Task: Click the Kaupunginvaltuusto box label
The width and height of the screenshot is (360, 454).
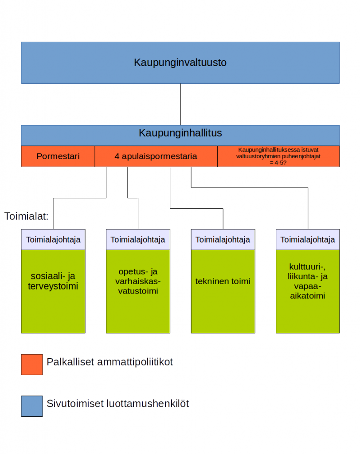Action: tap(180, 63)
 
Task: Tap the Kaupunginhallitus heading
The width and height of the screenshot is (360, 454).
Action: tap(180, 133)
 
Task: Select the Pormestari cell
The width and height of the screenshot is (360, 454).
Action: tap(58, 157)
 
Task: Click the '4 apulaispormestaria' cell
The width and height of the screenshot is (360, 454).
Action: tap(156, 157)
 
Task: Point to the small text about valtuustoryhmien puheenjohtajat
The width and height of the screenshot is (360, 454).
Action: tap(278, 157)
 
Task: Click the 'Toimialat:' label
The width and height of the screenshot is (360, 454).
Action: tap(26, 216)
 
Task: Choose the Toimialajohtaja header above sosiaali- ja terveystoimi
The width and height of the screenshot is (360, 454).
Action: tap(53, 240)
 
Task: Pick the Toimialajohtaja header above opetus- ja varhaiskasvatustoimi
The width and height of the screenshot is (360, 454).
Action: tap(138, 240)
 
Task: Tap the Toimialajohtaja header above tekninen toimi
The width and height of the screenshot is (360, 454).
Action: tap(223, 240)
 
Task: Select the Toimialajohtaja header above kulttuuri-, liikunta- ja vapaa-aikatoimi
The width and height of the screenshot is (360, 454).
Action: tap(308, 240)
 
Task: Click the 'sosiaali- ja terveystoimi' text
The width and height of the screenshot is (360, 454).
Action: tap(53, 281)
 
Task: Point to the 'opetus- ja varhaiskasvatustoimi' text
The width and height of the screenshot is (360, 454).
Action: tap(138, 281)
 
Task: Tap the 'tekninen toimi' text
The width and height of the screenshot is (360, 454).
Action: tap(223, 281)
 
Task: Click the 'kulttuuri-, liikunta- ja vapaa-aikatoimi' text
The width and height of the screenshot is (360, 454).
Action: tap(308, 281)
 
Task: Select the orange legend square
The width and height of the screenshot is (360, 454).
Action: tap(32, 364)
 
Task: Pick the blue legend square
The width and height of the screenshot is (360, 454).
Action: tap(32, 406)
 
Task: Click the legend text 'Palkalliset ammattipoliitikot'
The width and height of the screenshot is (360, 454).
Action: tap(110, 362)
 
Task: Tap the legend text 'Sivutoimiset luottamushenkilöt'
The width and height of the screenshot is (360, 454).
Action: tap(118, 403)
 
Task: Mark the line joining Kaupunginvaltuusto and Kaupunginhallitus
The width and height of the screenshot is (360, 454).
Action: tap(180, 104)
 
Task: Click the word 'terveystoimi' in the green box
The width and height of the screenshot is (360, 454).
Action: tap(53, 286)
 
